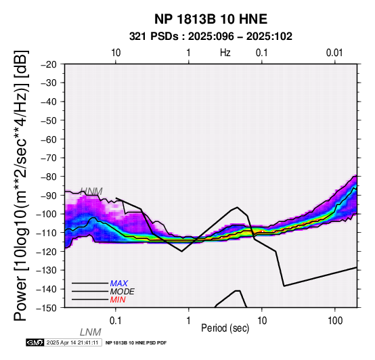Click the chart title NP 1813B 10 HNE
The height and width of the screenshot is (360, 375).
tap(211, 19)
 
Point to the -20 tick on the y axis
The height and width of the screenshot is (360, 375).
tap(49, 64)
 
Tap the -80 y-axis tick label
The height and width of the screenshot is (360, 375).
tap(49, 177)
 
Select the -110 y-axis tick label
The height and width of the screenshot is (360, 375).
tap(47, 233)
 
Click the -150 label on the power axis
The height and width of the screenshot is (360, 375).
tap(47, 308)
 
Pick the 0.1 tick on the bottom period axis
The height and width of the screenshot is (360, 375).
tap(116, 321)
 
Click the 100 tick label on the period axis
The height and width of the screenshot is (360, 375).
tap(335, 321)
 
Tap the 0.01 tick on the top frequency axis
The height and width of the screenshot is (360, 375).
tap(334, 53)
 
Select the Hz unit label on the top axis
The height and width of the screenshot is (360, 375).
tap(225, 53)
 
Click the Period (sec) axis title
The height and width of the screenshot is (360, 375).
tap(225, 328)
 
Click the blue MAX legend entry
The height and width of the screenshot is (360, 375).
tap(119, 284)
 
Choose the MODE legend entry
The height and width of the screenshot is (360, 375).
tap(123, 292)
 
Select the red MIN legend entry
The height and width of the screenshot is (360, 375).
tap(118, 300)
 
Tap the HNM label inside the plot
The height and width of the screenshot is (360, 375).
tap(91, 192)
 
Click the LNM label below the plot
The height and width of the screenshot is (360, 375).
tap(91, 332)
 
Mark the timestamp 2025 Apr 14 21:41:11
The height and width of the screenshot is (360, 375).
tap(72, 343)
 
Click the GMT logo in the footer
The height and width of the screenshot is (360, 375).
tap(35, 343)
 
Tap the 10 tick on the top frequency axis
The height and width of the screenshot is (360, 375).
tap(116, 53)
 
